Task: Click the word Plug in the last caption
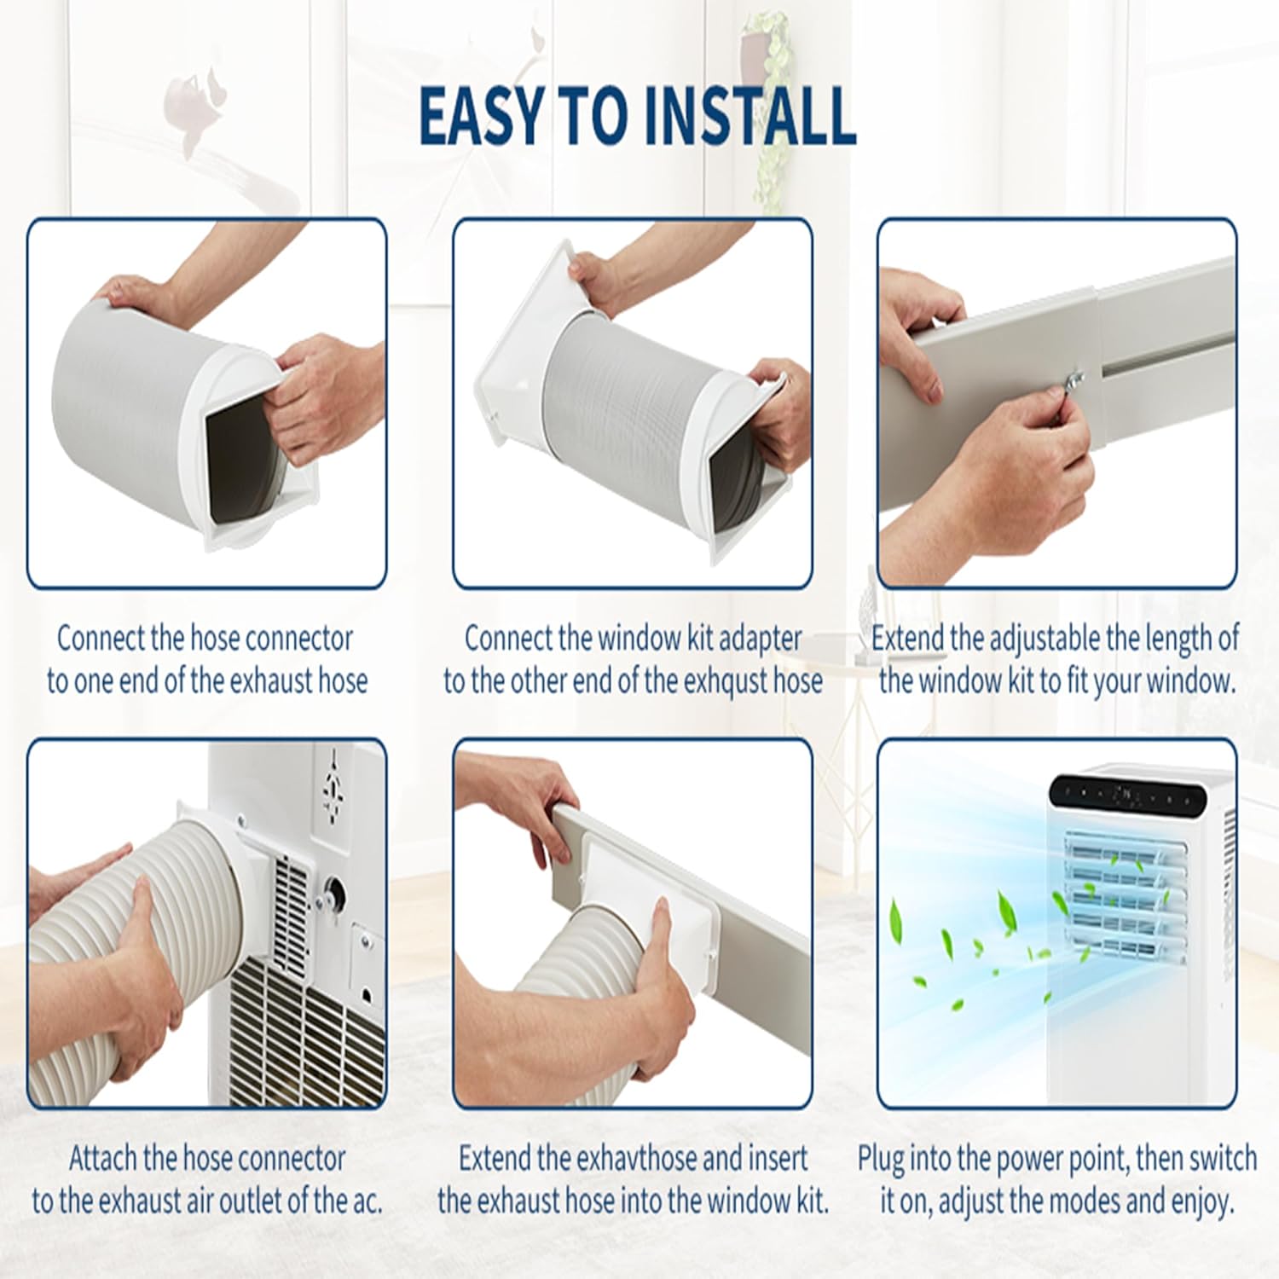[880, 1159]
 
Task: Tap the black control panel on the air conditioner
[1127, 796]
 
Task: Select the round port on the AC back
[334, 894]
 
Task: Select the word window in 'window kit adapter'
[639, 638]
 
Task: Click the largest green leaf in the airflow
[896, 920]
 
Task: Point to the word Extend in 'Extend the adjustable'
[907, 638]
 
